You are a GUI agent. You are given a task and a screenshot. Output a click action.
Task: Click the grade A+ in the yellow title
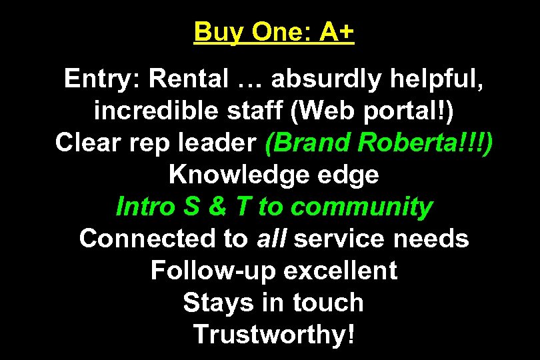(x=336, y=33)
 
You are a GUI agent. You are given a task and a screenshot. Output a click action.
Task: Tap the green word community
(x=361, y=207)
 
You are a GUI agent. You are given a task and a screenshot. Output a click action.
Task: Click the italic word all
(x=270, y=239)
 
